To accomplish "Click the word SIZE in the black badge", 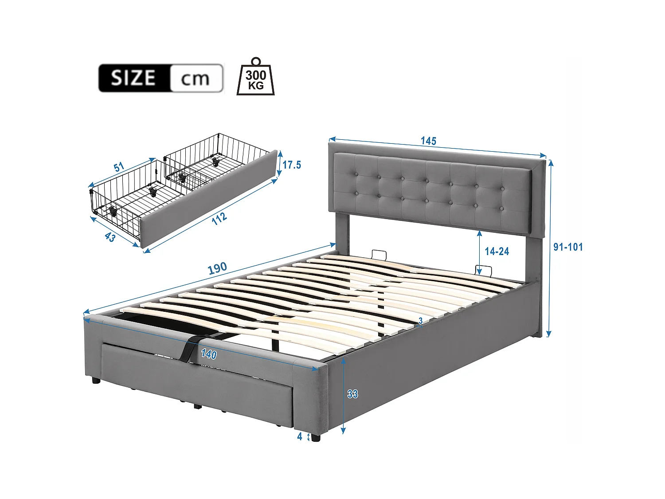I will [x=133, y=78].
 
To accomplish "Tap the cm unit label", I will [x=195, y=79].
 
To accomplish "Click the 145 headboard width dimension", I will [x=428, y=141].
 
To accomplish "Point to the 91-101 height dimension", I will [x=568, y=247].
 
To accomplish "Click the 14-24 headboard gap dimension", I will [x=497, y=251].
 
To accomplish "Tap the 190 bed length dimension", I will [x=217, y=268].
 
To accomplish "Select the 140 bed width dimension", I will [x=209, y=354].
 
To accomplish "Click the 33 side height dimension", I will [x=352, y=394].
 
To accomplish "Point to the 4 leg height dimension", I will [x=300, y=436].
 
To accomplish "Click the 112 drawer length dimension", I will [x=219, y=218].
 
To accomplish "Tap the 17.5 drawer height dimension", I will [x=292, y=165].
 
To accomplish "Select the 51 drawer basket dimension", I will [x=119, y=167].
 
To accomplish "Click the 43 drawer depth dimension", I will [x=110, y=237].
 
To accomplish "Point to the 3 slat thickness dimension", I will [x=420, y=320].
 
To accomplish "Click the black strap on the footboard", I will [x=188, y=348].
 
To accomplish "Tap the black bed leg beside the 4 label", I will [x=315, y=437].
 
